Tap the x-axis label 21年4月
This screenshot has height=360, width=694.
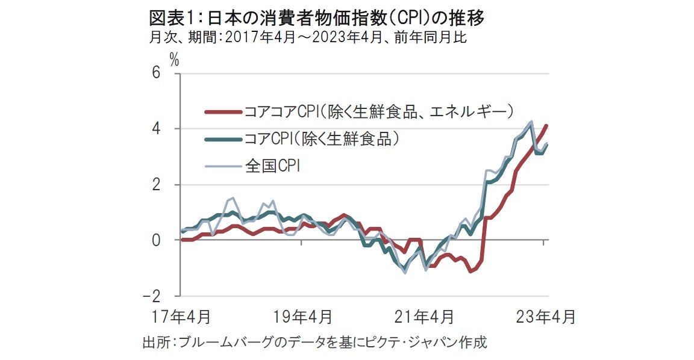424,317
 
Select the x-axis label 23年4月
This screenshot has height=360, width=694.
546,317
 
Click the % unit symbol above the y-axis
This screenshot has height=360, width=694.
175,59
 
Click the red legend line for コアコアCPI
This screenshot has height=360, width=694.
222,111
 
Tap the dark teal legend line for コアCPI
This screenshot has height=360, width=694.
222,139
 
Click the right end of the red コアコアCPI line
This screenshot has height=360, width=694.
546,125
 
